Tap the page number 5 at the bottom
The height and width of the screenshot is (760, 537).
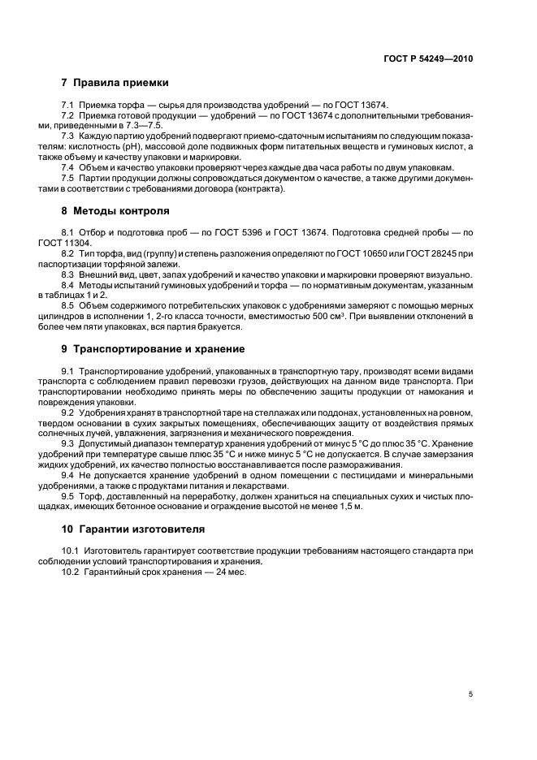pyautogui.click(x=470, y=694)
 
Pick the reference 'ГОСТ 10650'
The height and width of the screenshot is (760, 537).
pyautogui.click(x=368, y=253)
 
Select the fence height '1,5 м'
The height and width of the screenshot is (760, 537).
pyautogui.click(x=348, y=506)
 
